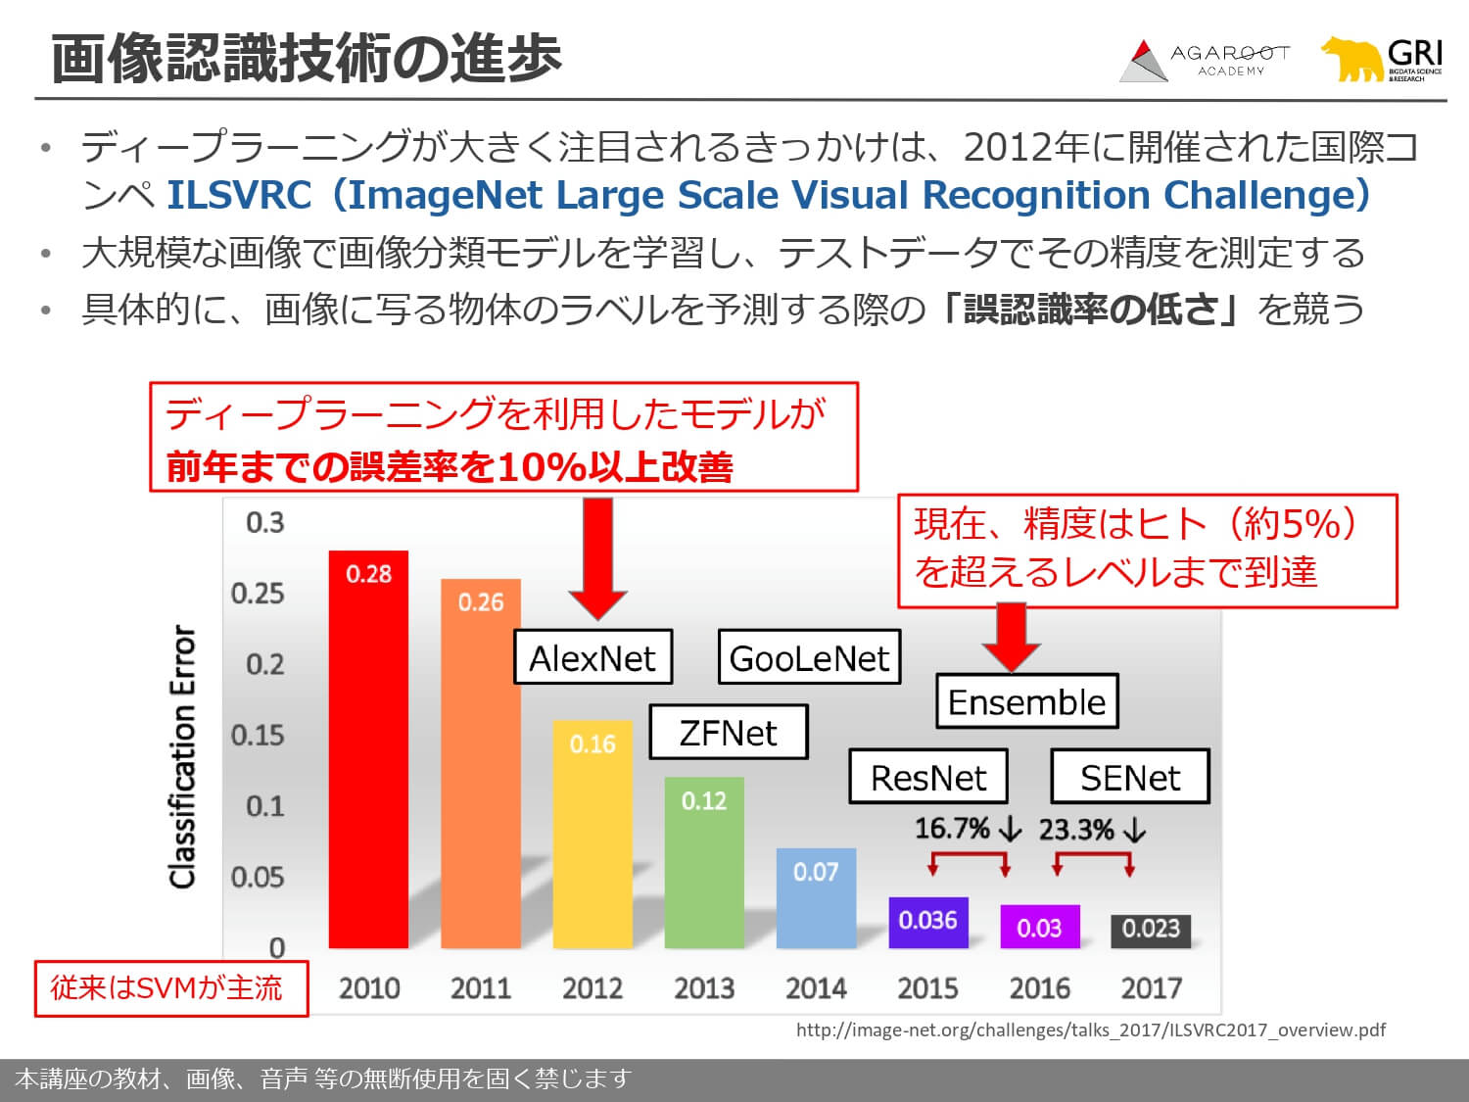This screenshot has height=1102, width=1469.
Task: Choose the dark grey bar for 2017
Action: tap(1151, 931)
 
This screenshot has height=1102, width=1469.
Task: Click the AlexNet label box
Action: tap(593, 657)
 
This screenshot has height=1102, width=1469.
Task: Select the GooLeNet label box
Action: tap(809, 657)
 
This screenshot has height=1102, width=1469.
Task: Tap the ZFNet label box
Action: tap(728, 732)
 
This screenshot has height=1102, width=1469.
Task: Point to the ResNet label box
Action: tap(927, 777)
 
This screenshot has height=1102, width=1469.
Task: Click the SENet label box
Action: tap(1129, 777)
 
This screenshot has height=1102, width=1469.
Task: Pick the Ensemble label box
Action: tap(1026, 701)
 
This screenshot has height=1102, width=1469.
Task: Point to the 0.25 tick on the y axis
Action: tap(258, 594)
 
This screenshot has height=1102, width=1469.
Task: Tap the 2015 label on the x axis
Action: tap(927, 987)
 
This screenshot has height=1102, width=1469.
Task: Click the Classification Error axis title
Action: tap(183, 757)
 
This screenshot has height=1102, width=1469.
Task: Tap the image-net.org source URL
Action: tap(1090, 1030)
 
